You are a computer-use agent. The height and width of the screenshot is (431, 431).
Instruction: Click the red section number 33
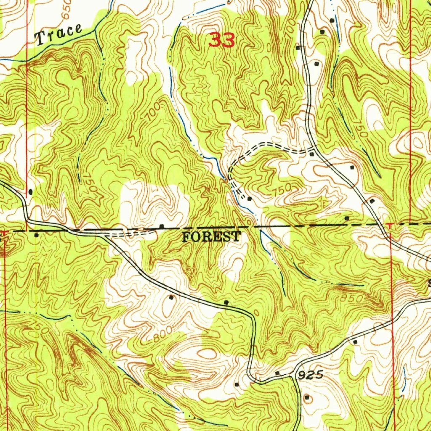(x=221, y=40)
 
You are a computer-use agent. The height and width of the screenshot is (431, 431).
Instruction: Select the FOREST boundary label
(x=211, y=237)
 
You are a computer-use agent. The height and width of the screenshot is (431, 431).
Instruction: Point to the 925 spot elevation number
(x=312, y=374)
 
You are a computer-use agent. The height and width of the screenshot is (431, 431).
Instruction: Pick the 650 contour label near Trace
(x=66, y=9)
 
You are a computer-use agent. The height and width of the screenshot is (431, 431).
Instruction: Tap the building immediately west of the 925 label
(x=277, y=373)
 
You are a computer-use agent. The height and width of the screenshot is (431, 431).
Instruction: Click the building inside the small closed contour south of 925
(x=306, y=397)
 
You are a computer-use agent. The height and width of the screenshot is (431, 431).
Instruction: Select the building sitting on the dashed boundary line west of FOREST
(x=162, y=227)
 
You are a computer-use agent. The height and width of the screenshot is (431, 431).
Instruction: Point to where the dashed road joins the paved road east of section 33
(x=314, y=149)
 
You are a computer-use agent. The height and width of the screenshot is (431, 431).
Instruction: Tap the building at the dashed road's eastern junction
(x=311, y=154)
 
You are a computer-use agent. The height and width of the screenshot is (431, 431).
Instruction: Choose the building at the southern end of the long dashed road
(x=249, y=198)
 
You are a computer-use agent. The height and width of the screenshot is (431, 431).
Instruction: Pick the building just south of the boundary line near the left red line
(x=36, y=235)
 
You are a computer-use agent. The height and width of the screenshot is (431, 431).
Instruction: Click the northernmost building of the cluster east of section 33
(x=332, y=20)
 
